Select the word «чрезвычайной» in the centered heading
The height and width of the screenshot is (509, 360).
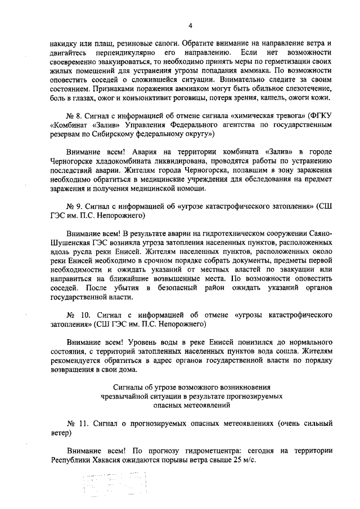point(110,396)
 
